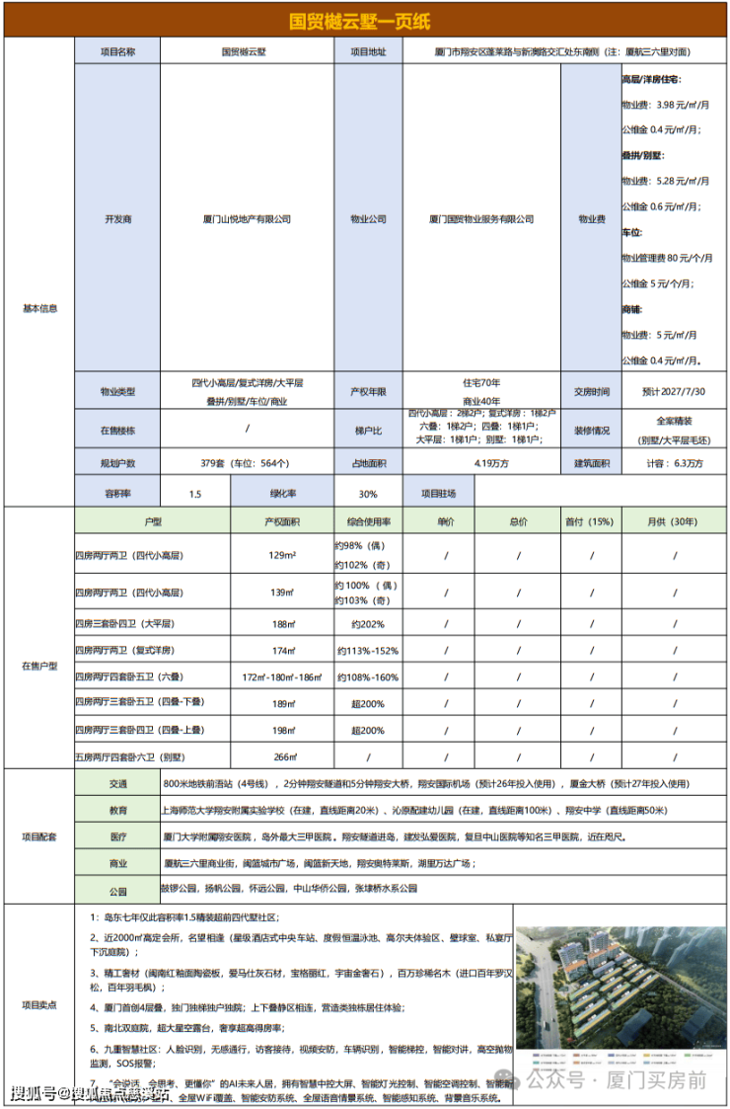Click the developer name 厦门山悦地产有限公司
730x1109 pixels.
(246, 219)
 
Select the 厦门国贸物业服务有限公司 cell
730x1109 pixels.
(481, 219)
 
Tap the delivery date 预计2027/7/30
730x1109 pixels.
(675, 391)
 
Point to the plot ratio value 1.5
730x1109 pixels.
(194, 493)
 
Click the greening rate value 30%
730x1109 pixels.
(368, 493)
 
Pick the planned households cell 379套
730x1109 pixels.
(246, 463)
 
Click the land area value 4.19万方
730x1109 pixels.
(481, 463)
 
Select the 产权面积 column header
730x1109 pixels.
(281, 520)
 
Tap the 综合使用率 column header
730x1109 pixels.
(368, 520)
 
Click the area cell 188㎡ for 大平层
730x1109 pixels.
(282, 624)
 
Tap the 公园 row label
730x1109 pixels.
(118, 890)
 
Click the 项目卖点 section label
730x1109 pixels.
(39, 1004)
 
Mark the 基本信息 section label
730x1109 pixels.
(39, 308)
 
